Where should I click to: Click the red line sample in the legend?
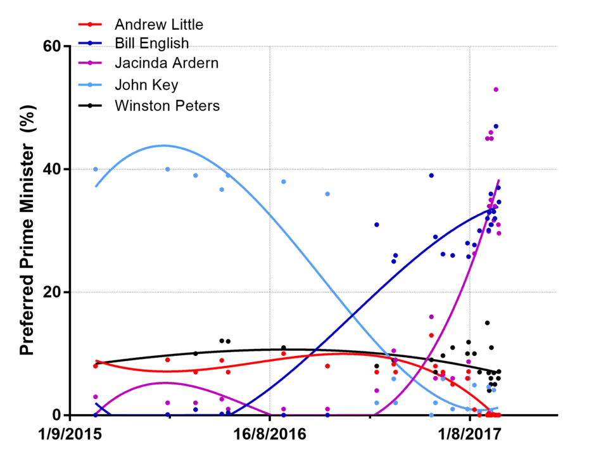pos(91,25)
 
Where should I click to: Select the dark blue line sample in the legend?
pos(91,43)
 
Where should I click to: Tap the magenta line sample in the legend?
pos(91,63)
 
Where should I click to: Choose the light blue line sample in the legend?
pos(91,85)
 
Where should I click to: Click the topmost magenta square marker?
pos(496,91)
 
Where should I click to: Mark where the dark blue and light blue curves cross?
pos(350,313)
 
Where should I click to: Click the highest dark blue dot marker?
pos(496,127)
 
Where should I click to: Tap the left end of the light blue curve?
pos(96,187)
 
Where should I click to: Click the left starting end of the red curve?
pos(96,362)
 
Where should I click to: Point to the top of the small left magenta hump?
pos(166,383)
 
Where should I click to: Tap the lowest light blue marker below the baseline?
pos(432,415)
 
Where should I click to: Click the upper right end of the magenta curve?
pos(499,180)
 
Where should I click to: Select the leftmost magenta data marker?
pos(96,396)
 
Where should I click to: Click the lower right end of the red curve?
pos(489,412)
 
